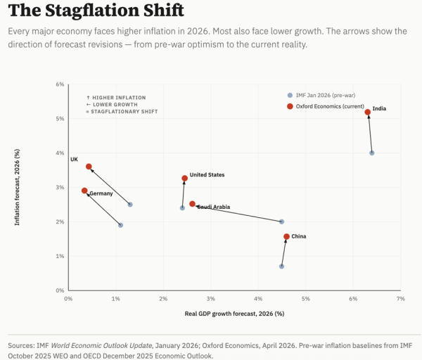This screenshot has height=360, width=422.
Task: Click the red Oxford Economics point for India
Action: tap(367, 112)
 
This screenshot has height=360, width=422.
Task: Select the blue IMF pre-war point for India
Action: tap(372, 153)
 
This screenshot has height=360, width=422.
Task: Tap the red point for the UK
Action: tap(89, 167)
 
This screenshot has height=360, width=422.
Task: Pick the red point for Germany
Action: tap(84, 191)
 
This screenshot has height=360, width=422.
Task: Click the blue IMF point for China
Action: tap(281, 266)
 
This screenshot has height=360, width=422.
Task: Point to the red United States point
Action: tap(185, 179)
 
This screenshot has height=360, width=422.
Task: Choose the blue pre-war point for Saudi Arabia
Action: tap(281, 221)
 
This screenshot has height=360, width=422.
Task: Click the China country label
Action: tap(298, 237)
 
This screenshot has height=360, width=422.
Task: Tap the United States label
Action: tap(207, 174)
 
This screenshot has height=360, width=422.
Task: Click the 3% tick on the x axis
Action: tap(210, 299)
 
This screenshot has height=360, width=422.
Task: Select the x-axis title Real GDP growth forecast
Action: tap(234, 313)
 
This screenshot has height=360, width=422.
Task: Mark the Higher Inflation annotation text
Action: tap(115, 97)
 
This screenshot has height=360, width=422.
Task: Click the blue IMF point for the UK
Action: tap(129, 205)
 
